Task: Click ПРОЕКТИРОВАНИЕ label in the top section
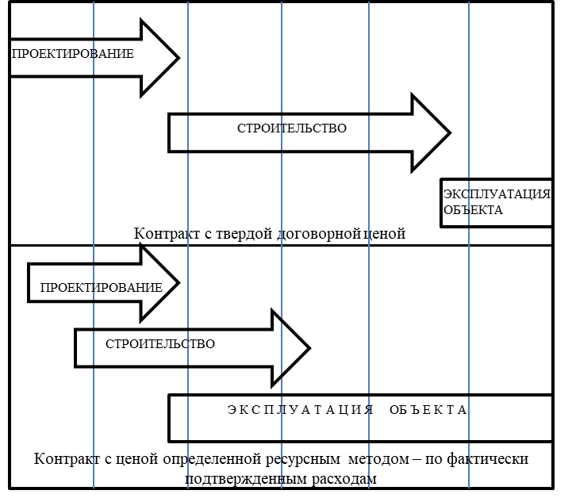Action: coord(73,54)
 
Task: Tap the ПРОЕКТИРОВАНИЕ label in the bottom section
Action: coord(102,288)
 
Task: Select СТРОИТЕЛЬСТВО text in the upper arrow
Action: coord(292,128)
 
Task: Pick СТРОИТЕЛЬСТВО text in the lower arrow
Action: coord(160,344)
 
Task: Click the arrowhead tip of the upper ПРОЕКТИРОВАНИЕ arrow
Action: coord(179,58)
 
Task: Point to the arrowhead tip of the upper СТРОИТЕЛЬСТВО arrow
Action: coord(450,133)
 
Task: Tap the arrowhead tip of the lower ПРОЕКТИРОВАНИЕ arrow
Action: coord(179,283)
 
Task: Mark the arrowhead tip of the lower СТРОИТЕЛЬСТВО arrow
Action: coord(309,348)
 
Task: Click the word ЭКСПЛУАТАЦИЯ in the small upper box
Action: coord(497,194)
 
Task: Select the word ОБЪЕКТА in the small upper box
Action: coord(473,210)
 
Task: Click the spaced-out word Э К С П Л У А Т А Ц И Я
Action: coord(300,410)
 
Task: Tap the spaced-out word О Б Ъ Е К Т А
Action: coord(428,410)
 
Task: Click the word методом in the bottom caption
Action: coord(378,458)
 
